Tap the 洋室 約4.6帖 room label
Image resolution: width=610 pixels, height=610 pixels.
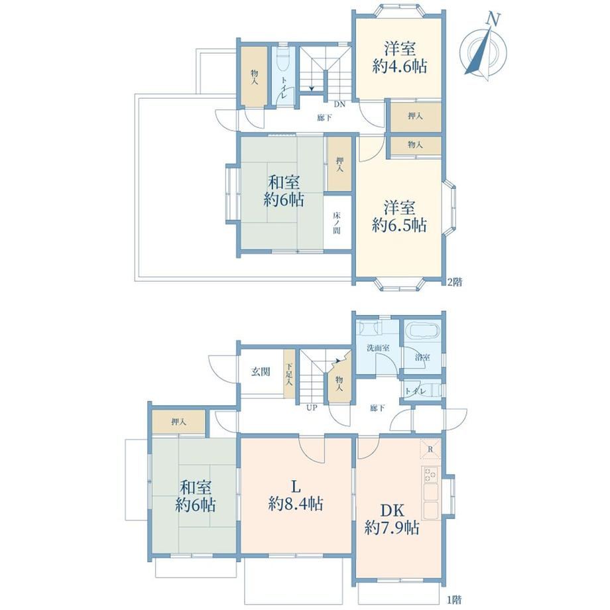[400, 58]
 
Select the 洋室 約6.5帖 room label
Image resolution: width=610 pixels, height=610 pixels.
[399, 216]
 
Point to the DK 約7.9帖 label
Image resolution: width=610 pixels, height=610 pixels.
[392, 519]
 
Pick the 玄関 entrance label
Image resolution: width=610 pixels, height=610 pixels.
[261, 372]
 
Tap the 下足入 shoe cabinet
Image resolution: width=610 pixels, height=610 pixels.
[289, 374]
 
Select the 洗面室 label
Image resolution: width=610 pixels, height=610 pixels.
[378, 348]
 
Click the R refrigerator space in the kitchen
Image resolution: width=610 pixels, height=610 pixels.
[430, 450]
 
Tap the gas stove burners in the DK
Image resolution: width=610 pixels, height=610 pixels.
[430, 473]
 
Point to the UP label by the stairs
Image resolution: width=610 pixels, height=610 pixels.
[312, 408]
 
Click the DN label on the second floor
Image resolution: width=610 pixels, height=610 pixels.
[339, 104]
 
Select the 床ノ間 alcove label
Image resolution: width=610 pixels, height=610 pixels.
[337, 223]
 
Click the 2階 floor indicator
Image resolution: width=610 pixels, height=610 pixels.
[454, 282]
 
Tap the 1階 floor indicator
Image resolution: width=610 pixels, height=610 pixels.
[454, 600]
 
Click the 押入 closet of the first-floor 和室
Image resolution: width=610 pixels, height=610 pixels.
[178, 421]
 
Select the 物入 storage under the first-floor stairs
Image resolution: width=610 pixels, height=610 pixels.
[339, 383]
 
